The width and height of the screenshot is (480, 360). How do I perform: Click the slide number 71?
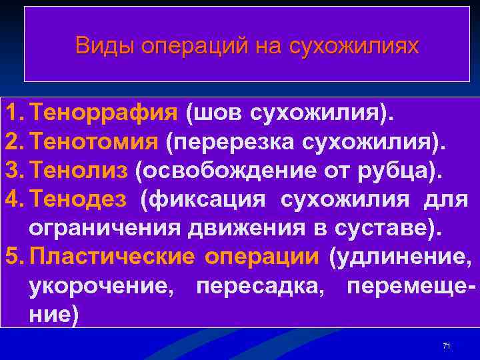click(447, 345)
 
